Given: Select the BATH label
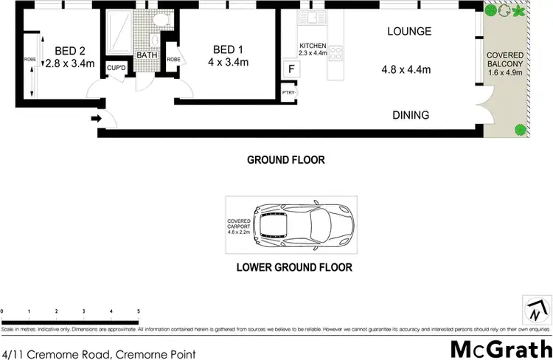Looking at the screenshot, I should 146,55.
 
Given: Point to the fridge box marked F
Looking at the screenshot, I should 291,69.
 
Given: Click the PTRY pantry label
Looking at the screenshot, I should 288,92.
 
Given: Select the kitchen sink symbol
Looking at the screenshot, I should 311,17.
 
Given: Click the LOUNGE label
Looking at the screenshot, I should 409,31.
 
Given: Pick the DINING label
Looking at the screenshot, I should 410,115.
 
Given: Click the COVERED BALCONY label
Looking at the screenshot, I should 505,63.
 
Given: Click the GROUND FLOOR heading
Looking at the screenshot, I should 285,159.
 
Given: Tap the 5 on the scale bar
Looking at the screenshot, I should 138,311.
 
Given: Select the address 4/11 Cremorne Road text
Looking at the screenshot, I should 99,354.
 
